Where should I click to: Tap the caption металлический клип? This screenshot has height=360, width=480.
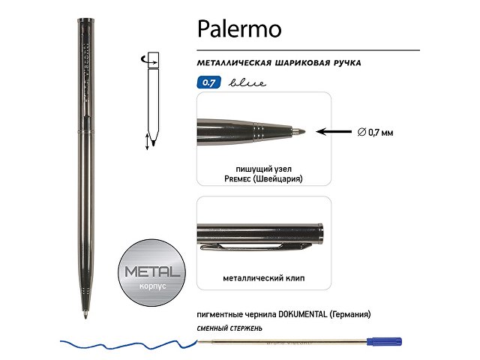(263, 278)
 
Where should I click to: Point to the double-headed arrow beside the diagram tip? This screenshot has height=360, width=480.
(147, 140)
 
